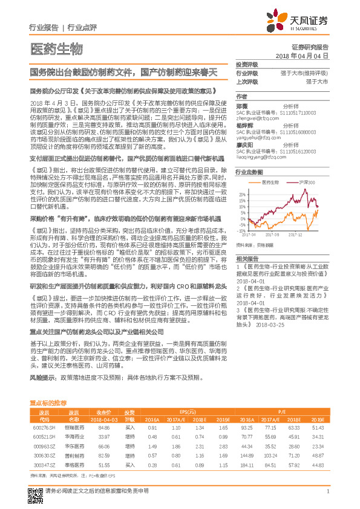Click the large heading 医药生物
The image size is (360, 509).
coord(56,48)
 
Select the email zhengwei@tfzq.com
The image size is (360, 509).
coord(256,119)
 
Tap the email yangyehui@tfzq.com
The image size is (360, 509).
coord(257,137)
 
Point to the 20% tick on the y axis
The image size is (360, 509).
coord(242,194)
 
